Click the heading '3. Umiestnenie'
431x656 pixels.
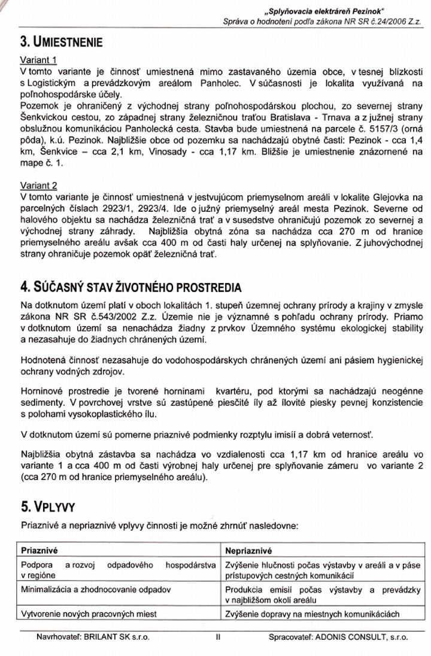pyautogui.click(x=61, y=42)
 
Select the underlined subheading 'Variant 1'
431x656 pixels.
pyautogui.click(x=38, y=60)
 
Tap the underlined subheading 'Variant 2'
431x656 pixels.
pyautogui.click(x=38, y=186)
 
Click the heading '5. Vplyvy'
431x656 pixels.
pyautogui.click(x=47, y=507)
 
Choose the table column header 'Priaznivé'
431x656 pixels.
pyautogui.click(x=40, y=550)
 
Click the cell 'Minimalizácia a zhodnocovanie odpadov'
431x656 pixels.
pyautogui.click(x=96, y=590)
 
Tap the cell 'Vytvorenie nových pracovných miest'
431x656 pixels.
pyautogui.click(x=89, y=614)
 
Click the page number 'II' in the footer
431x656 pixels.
pyautogui.click(x=218, y=638)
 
